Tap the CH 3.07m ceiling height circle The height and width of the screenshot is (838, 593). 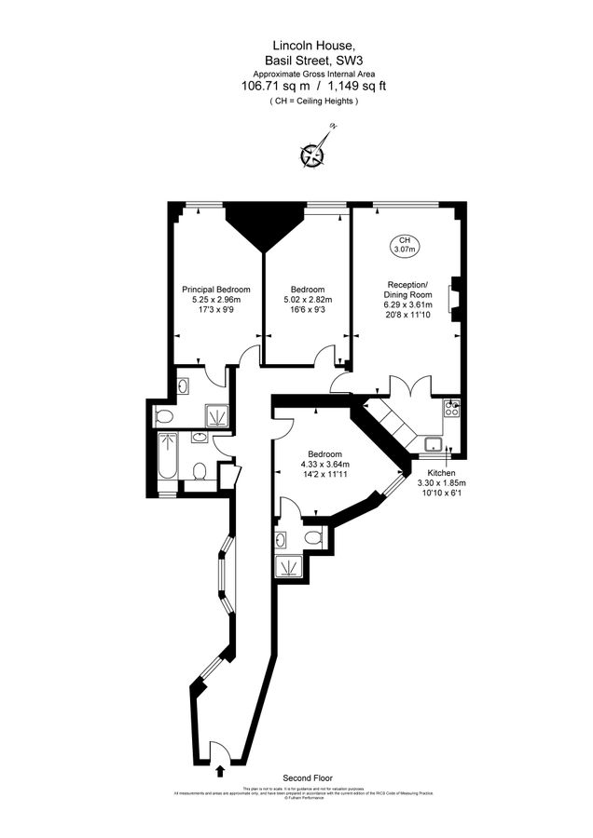pos(404,244)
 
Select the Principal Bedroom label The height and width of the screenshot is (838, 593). pos(215,290)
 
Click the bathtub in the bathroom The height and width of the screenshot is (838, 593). pos(168,456)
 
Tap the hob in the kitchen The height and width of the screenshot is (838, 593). pos(452,407)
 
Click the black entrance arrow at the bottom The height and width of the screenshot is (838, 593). pos(220,770)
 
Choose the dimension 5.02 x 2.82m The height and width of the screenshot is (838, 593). pos(308,300)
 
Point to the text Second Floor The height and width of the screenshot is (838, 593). pos(308,777)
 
